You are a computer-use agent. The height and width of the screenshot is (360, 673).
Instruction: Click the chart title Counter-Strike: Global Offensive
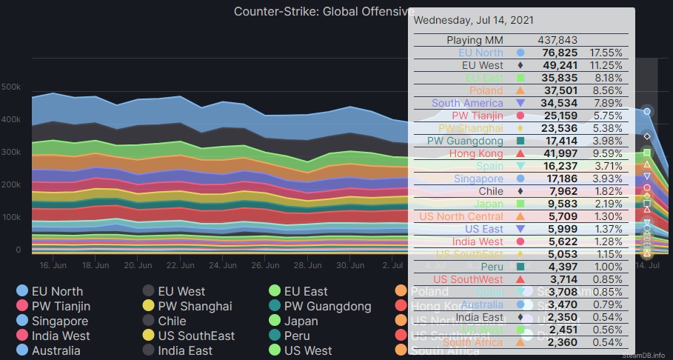pyautogui.click(x=324, y=11)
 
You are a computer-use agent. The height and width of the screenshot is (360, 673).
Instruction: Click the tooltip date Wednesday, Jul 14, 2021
pyautogui.click(x=472, y=20)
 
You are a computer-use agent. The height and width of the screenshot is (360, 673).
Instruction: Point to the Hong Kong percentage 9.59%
pyautogui.click(x=606, y=153)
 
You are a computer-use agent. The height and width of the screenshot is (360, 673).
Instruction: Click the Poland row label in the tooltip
pyautogui.click(x=486, y=90)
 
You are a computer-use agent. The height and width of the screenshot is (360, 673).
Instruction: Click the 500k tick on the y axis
pyautogui.click(x=11, y=87)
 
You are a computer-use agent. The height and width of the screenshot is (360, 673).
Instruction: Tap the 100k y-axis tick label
pyautogui.click(x=11, y=217)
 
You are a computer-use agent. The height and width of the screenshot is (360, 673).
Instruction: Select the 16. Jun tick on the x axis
pyautogui.click(x=53, y=264)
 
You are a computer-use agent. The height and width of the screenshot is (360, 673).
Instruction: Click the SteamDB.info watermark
pyautogui.click(x=648, y=355)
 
